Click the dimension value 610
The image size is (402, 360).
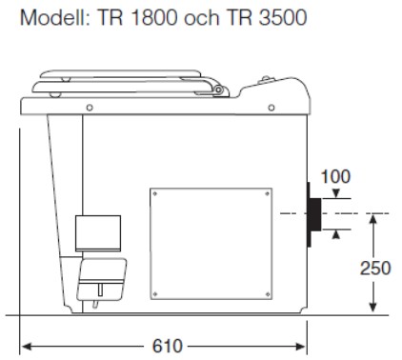(x=168, y=346)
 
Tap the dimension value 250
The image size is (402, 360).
(x=375, y=269)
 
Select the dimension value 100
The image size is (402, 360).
(x=335, y=176)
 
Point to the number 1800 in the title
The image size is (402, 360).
(x=153, y=17)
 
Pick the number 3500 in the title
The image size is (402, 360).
(x=283, y=17)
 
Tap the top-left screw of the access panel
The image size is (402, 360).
(x=155, y=193)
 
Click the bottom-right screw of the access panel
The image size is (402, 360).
(x=268, y=294)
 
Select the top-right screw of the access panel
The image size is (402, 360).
(x=268, y=193)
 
